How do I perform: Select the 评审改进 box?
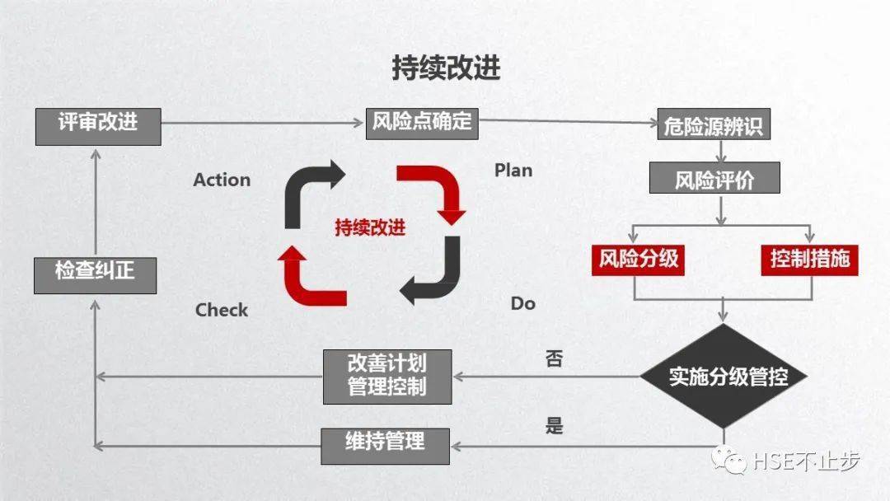98,124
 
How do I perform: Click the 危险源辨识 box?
714,126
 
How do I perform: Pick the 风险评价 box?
714,178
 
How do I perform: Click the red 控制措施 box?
809,259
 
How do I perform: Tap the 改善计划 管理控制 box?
387,376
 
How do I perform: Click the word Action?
222,180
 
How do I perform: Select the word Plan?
513,171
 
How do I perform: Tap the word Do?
522,303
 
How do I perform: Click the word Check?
222,311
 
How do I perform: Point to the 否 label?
555,359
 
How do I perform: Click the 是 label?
555,426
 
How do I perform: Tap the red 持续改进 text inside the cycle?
370,228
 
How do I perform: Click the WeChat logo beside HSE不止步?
730,459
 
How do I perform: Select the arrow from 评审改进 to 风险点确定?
264,124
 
